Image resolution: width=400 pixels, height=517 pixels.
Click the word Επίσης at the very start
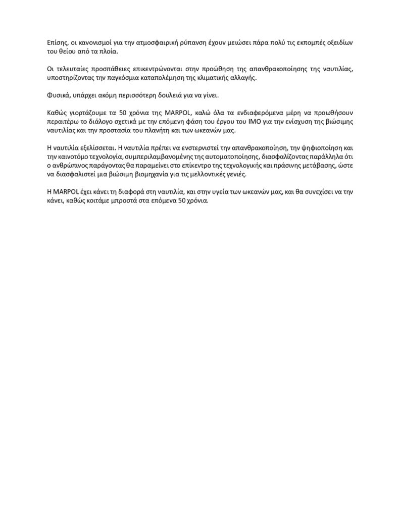tap(51, 43)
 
